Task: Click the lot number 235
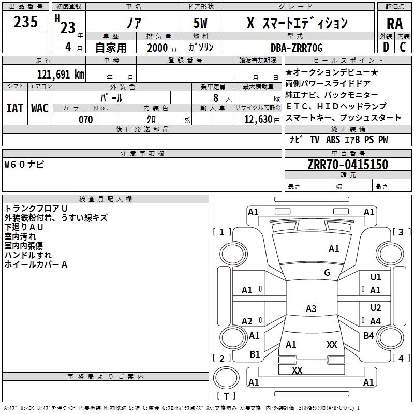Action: coord(26,22)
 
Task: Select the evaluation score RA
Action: coord(394,23)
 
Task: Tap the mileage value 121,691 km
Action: coord(61,74)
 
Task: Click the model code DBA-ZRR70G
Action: coord(297,48)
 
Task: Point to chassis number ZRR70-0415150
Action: coord(347,165)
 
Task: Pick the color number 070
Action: coord(85,120)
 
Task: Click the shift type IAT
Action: coord(14,108)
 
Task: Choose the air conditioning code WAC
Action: coord(39,108)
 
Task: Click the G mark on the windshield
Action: coord(327,273)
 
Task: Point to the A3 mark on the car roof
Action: coord(310,309)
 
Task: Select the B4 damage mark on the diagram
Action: coord(368,336)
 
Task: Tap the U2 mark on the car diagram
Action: coord(376,308)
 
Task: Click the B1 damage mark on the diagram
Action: coord(255,354)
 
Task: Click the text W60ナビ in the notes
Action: coord(24,165)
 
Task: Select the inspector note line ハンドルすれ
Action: coord(28,255)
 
